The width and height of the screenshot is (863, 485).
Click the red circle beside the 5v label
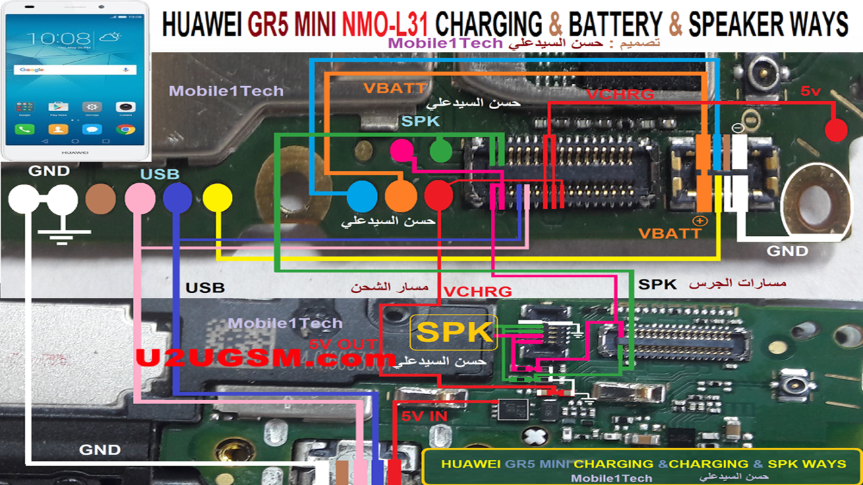836,130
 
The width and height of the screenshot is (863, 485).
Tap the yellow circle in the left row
218,199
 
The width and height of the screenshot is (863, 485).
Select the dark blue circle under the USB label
178,199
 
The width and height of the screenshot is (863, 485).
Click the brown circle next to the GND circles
100,199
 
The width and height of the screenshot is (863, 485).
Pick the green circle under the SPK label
441,150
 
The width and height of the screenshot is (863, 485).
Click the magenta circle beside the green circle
403,150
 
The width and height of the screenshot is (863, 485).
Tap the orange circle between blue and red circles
400,196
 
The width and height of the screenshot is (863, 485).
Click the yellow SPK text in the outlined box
454,333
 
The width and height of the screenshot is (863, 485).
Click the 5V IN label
424,416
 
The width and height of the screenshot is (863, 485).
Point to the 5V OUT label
343,344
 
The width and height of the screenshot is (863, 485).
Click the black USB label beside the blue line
205,288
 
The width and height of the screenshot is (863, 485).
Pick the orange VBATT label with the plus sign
670,233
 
